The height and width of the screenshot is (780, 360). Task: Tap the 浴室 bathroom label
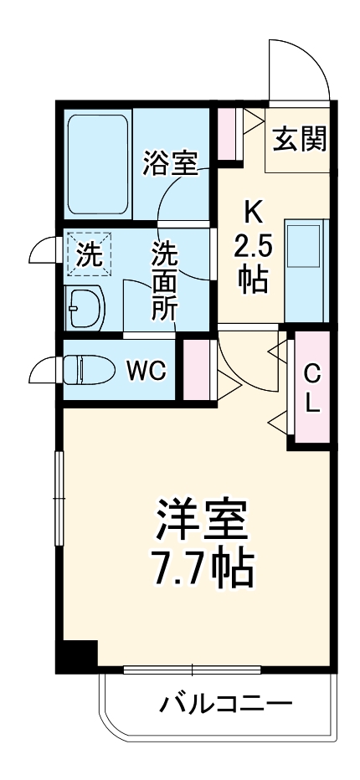170,163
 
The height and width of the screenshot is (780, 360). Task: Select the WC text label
146,369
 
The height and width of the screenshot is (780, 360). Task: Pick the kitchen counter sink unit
306,269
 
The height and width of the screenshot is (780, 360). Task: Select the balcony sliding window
193,670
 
